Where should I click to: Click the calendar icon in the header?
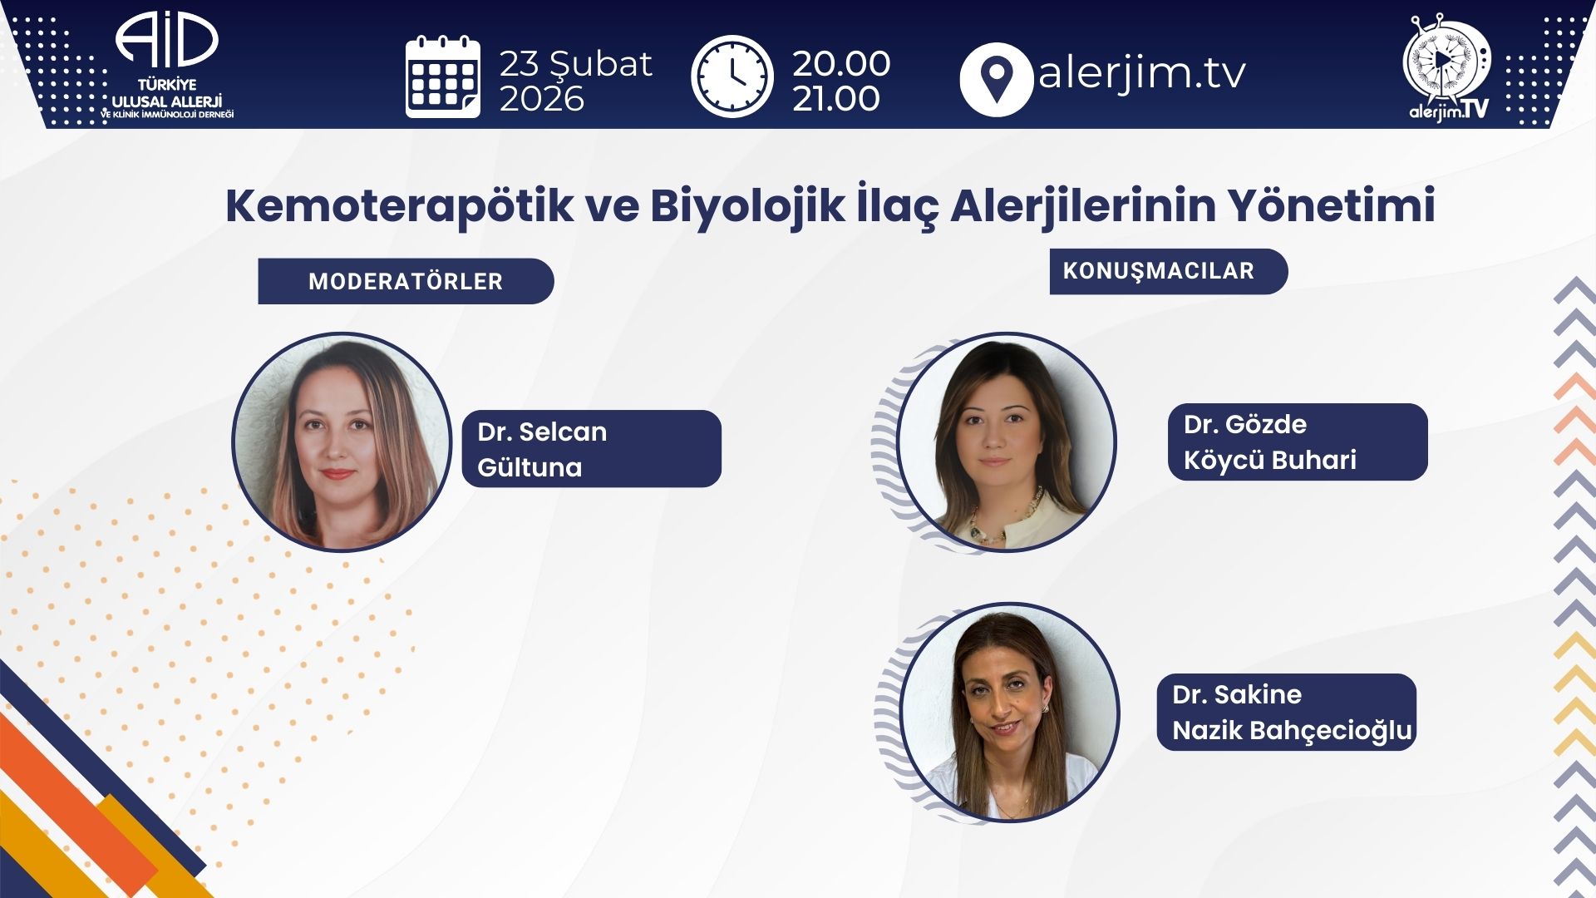point(443,76)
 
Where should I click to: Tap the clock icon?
point(731,76)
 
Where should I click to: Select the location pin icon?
point(996,79)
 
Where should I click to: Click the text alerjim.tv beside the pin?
point(1141,73)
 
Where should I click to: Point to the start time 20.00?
point(841,63)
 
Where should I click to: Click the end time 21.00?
point(836,99)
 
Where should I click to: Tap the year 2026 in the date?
point(542,99)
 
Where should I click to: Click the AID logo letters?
point(166,40)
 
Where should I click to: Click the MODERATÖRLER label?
point(406,281)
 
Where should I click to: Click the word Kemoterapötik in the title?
point(399,205)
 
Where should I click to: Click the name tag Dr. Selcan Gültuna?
point(592,449)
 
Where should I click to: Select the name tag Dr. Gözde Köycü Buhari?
point(1298,442)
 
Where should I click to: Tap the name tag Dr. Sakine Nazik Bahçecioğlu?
point(1287,712)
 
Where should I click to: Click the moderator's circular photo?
point(342,442)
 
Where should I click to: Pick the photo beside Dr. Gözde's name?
point(1007,442)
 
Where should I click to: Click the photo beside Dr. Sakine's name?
point(1010,713)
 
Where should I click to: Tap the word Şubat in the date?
point(602,65)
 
